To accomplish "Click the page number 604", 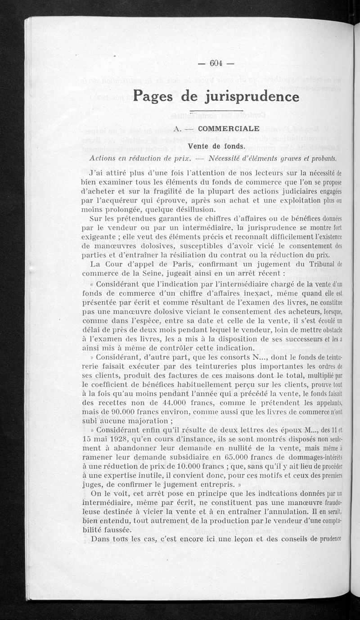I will tap(216, 63).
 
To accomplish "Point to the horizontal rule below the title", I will tap(216, 111).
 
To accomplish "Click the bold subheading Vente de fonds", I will tap(216, 146).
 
